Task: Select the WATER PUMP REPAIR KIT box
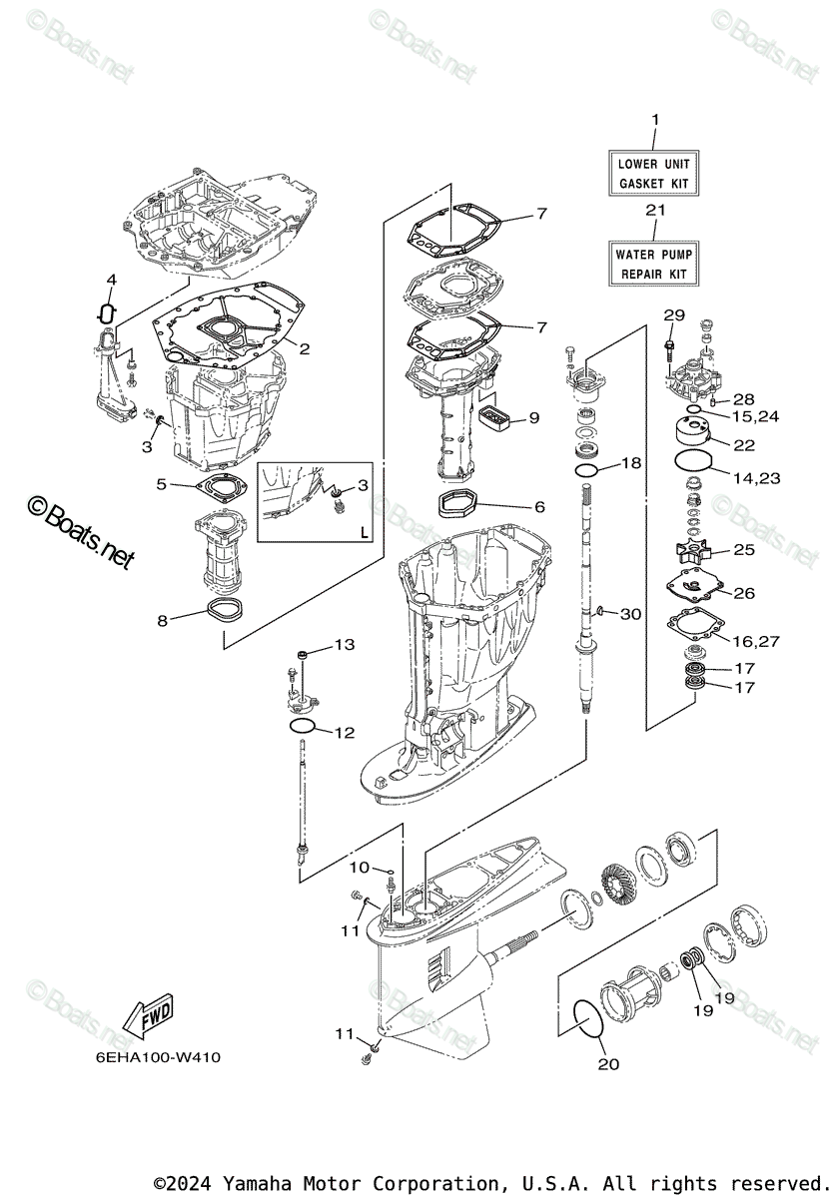click(x=654, y=264)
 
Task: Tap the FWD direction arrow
click(x=145, y=1017)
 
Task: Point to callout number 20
click(x=608, y=1063)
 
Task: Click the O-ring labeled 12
click(x=304, y=725)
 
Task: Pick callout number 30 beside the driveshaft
click(x=630, y=614)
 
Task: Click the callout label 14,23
click(x=755, y=478)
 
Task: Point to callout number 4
click(x=111, y=279)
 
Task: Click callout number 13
click(x=344, y=645)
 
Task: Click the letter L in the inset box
click(x=364, y=531)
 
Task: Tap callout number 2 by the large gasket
click(x=304, y=349)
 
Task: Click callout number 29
click(x=675, y=315)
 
